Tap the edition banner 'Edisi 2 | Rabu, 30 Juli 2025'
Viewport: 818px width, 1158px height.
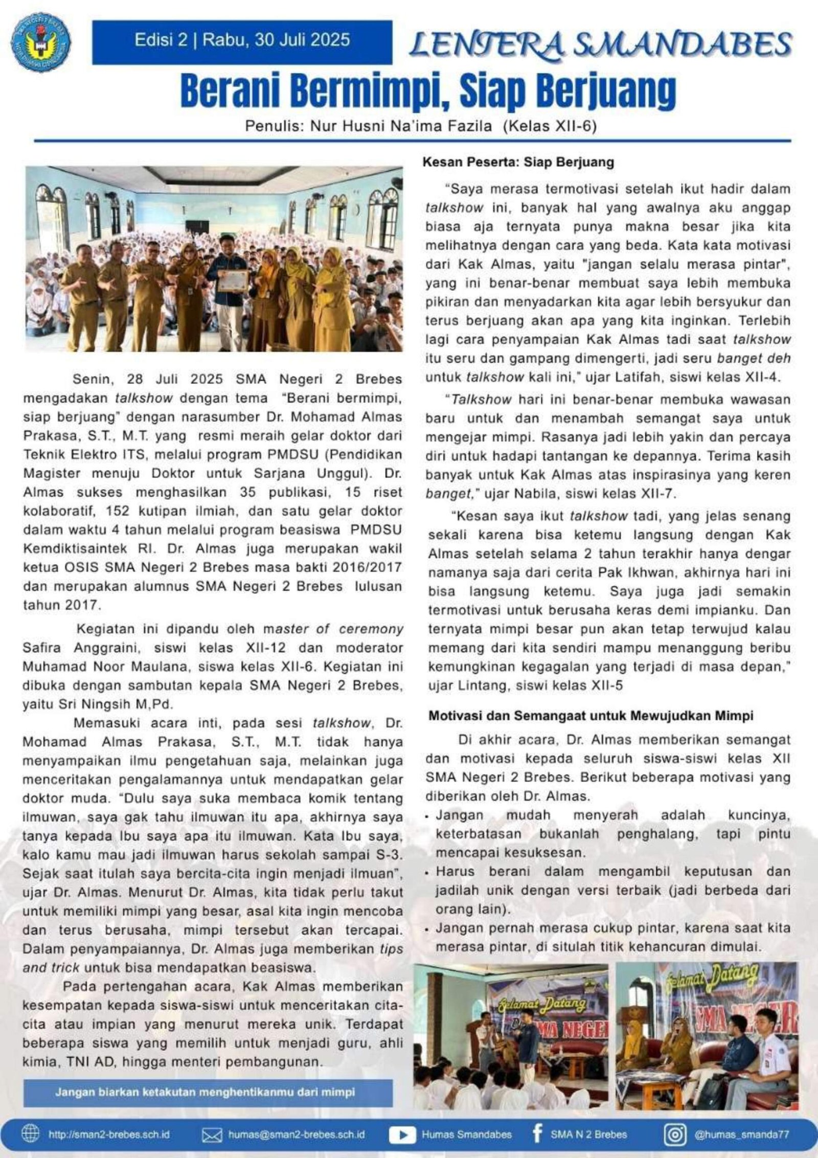(x=242, y=41)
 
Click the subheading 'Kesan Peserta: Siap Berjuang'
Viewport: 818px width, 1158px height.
(x=518, y=163)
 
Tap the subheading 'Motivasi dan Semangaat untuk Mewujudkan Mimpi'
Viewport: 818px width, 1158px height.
(x=590, y=716)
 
